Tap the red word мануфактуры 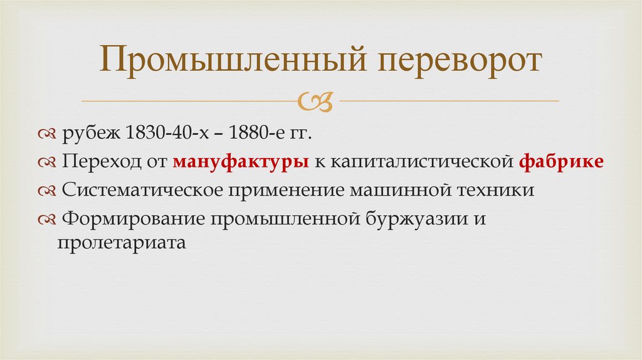pos(241,161)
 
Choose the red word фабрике pos(562,161)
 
